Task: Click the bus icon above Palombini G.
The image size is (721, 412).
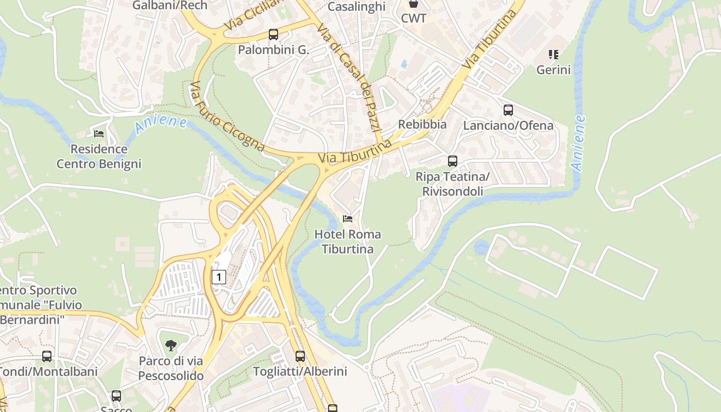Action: coord(273,35)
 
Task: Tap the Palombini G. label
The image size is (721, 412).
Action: coord(273,50)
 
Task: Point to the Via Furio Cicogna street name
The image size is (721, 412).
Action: coord(227,116)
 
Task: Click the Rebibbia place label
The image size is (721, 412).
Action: coord(422,124)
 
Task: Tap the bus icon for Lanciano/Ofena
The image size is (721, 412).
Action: coord(508,110)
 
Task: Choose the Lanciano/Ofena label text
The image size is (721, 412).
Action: coord(508,125)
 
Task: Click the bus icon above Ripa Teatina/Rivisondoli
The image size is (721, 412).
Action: coord(453,161)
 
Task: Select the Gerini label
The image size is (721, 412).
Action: coord(554,70)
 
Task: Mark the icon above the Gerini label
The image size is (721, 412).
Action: coord(554,54)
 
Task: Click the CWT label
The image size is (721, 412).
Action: coord(414,19)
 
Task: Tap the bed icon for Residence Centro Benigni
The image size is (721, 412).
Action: coord(99,134)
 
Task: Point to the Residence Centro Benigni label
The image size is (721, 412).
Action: coord(99,157)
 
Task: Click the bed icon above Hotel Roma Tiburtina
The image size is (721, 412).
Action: coord(348,219)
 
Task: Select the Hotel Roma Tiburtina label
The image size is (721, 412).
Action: coord(348,242)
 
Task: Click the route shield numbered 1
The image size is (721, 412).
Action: coord(219,277)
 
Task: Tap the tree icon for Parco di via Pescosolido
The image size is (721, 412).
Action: coord(171,346)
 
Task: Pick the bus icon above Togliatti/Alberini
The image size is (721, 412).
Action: coord(300,356)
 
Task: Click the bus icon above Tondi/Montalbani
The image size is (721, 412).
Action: coord(47,356)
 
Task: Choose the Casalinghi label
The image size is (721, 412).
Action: coord(356,6)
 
